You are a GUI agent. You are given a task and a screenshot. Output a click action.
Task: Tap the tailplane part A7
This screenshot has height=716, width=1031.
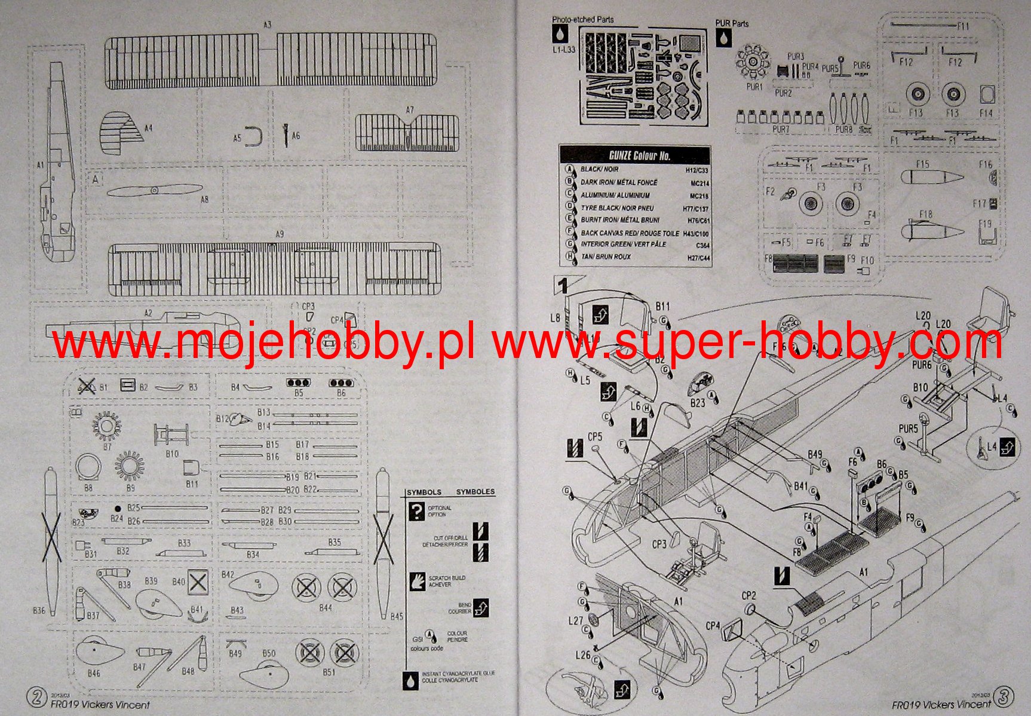[x=407, y=133]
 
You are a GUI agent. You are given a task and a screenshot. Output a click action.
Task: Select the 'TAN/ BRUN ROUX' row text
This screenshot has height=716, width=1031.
[x=605, y=257]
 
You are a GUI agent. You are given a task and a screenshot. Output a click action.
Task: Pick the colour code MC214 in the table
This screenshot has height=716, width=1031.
[x=699, y=183]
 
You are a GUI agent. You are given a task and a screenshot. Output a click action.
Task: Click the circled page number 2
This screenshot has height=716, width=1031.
[x=37, y=697]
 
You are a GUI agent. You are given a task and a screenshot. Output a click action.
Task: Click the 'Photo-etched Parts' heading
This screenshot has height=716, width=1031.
[x=582, y=20]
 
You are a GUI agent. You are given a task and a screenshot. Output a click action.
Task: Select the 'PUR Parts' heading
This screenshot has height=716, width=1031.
[x=732, y=24]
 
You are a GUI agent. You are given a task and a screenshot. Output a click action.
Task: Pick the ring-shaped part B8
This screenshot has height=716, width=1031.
[x=88, y=467]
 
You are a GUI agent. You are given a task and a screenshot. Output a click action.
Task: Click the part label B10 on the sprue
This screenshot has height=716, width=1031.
[x=172, y=454]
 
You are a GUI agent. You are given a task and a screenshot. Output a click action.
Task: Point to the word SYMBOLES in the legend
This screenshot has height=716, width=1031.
[x=475, y=492]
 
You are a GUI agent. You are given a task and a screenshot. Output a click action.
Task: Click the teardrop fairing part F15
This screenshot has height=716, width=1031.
[x=931, y=177]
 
